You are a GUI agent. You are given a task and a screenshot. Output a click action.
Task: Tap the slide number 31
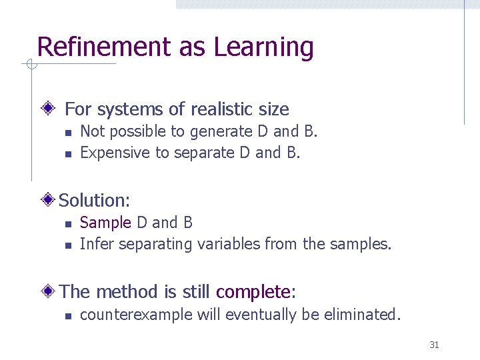click(434, 345)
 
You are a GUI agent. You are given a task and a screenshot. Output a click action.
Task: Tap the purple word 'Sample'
click(105, 223)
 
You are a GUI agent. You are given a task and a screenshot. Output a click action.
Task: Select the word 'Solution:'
click(95, 200)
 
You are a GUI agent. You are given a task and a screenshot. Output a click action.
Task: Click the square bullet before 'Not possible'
click(67, 133)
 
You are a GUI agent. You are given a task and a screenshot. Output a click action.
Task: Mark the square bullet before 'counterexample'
click(67, 315)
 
